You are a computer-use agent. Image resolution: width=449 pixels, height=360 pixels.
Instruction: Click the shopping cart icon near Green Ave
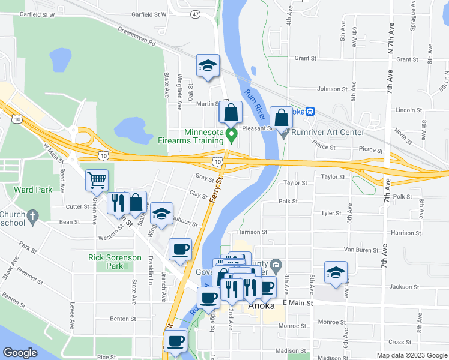(97, 180)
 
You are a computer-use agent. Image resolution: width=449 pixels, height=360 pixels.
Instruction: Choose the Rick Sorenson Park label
(115, 261)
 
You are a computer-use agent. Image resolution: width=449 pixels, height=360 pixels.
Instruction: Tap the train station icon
(310, 111)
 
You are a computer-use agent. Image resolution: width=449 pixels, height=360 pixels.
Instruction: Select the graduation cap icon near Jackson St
(335, 271)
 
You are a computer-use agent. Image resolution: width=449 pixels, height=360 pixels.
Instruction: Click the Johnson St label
(328, 89)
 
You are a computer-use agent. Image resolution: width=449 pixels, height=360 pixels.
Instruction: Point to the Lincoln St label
(408, 110)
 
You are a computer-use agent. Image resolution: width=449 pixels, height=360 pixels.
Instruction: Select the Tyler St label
(331, 213)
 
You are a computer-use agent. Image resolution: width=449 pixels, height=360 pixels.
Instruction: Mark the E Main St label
(297, 304)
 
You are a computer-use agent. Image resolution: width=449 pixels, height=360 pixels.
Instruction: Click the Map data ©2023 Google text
(411, 355)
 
